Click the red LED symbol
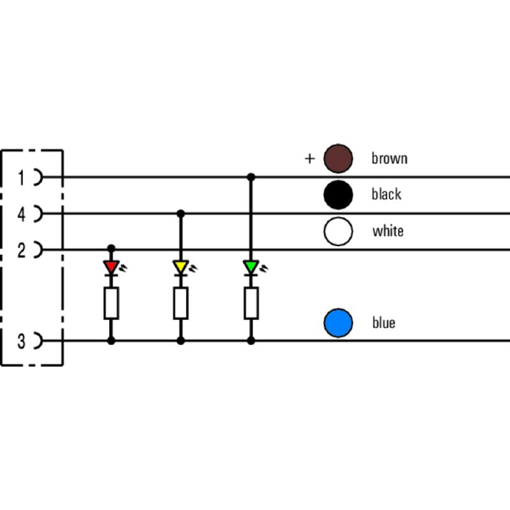(112, 266)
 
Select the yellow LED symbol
(180, 266)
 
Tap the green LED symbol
(251, 266)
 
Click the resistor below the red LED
(112, 303)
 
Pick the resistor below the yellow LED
(180, 303)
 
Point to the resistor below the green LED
(251, 303)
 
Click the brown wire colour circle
(338, 159)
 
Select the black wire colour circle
(338, 195)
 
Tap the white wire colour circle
(338, 231)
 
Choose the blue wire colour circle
(338, 323)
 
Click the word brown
(389, 158)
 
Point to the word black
(386, 194)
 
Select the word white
(388, 231)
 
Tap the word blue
(384, 323)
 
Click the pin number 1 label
(21, 178)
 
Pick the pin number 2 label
(21, 251)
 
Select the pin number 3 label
(21, 342)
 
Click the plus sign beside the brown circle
(310, 158)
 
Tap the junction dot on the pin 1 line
(251, 177)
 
